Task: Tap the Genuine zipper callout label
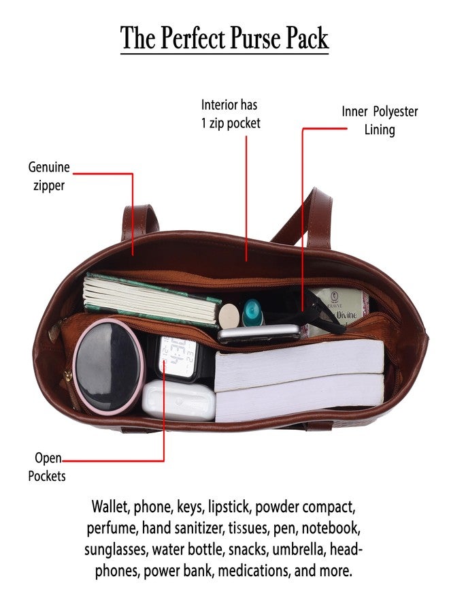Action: pyautogui.click(x=49, y=176)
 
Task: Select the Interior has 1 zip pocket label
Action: pyautogui.click(x=231, y=114)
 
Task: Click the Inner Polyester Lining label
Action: pyautogui.click(x=380, y=121)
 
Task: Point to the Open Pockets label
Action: pyautogui.click(x=46, y=467)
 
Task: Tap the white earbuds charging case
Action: pyautogui.click(x=178, y=400)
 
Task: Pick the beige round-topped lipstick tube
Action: pyautogui.click(x=229, y=316)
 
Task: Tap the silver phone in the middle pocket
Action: pyautogui.click(x=259, y=334)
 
